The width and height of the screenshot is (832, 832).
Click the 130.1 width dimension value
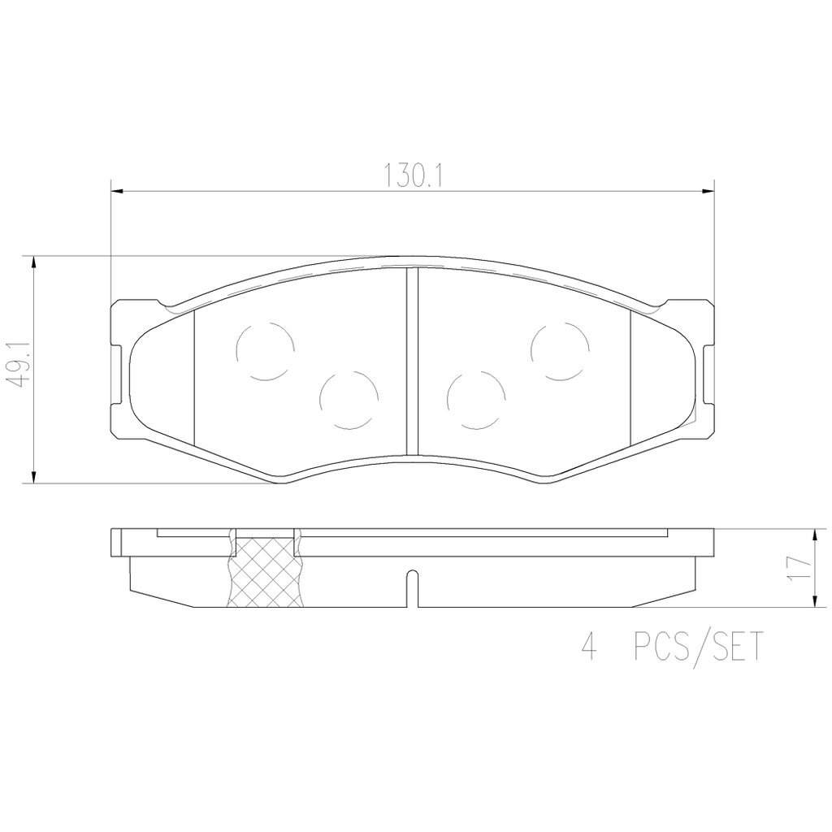410,175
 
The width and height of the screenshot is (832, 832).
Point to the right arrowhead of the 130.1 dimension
707,192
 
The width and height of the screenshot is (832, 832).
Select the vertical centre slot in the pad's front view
411,362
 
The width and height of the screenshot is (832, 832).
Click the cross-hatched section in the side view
264,573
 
